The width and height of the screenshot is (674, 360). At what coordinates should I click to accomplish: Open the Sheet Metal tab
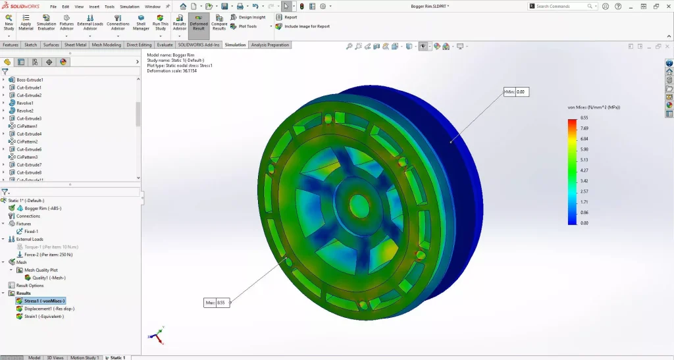click(x=75, y=45)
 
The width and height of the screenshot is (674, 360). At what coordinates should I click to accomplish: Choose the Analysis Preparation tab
click(x=269, y=45)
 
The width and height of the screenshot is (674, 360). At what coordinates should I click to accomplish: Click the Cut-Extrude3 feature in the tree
click(x=29, y=118)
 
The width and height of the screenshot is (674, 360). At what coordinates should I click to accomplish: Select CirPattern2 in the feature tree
click(x=27, y=141)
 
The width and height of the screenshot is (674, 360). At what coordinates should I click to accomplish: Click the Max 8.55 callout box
click(x=217, y=303)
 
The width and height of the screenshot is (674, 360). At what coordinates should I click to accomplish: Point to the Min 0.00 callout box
click(x=517, y=92)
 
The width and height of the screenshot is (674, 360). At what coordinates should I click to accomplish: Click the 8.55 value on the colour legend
click(x=584, y=118)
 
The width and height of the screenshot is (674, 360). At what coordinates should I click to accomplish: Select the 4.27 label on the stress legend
click(x=584, y=170)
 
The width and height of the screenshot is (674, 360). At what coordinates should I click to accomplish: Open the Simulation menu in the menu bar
click(x=129, y=6)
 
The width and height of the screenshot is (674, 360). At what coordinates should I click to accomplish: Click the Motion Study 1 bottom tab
click(x=84, y=357)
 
